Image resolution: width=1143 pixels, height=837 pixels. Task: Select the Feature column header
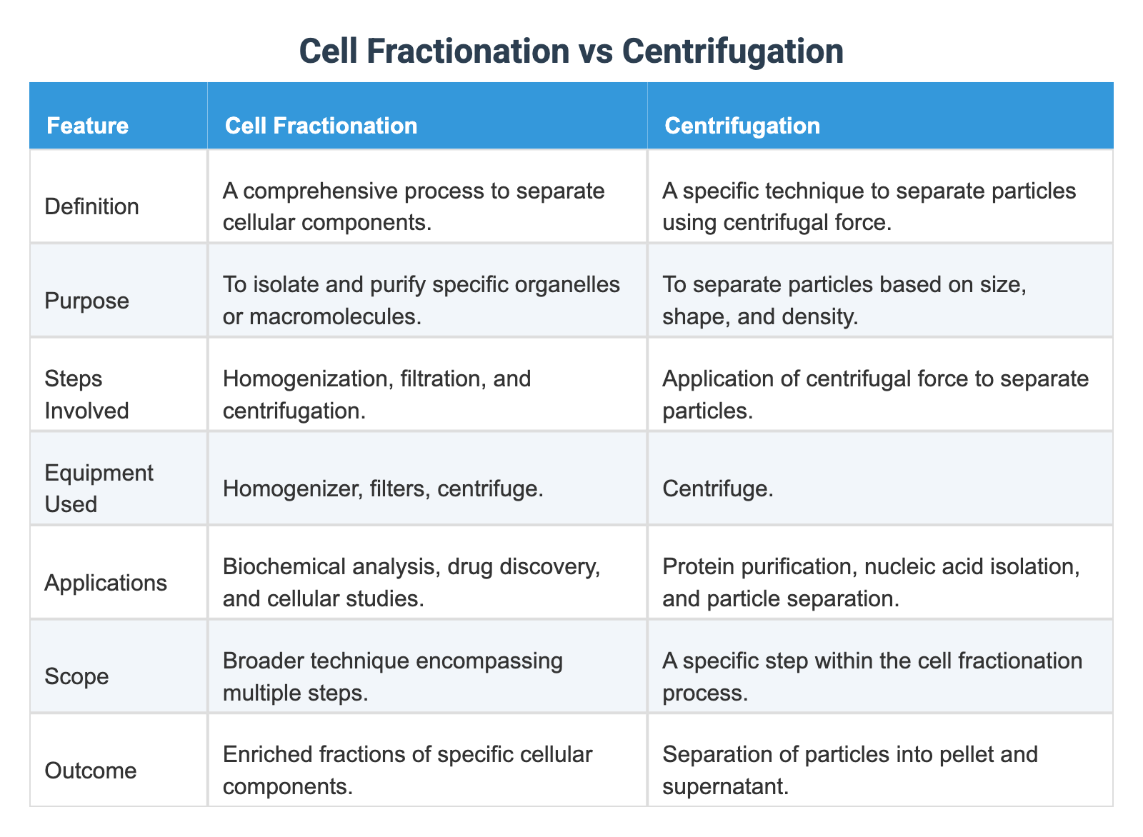tap(87, 126)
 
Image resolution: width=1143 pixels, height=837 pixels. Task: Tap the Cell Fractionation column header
tap(321, 126)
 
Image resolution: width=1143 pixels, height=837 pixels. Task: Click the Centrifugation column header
tap(742, 126)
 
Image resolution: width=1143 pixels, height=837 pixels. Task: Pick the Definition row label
tap(91, 206)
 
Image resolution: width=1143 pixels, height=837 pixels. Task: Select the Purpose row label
tap(86, 301)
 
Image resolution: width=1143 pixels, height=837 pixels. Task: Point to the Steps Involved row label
tap(86, 394)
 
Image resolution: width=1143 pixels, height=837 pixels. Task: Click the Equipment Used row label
tap(99, 488)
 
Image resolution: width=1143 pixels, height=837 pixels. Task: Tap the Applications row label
tap(106, 583)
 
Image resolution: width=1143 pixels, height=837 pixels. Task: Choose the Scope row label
tap(76, 676)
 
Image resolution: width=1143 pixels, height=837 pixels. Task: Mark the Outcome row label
tap(90, 771)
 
